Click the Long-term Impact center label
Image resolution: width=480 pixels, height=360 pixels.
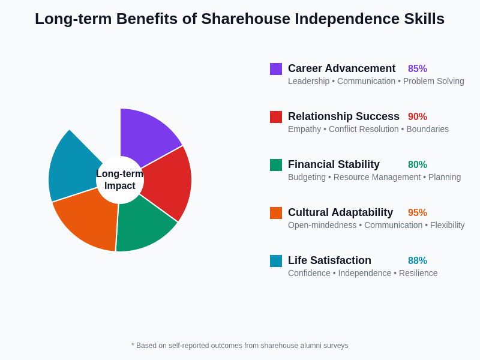120,180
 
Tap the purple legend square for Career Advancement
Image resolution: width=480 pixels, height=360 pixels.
276,69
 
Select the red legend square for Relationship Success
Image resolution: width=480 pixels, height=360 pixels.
276,117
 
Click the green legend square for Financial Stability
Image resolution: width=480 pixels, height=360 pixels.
276,165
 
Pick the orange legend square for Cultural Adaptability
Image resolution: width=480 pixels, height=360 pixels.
276,213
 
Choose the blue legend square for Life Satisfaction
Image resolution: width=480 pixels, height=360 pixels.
276,261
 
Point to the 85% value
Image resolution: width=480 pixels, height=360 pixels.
418,69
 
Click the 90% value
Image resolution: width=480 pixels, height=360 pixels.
418,117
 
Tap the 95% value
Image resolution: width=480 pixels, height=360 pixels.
418,213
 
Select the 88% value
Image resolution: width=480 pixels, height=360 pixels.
418,261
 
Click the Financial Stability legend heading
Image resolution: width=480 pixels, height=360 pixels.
334,164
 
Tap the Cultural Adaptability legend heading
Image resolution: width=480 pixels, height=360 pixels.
340,212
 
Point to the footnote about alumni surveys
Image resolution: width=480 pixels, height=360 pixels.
240,346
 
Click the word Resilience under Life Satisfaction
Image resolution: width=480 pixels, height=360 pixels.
418,273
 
